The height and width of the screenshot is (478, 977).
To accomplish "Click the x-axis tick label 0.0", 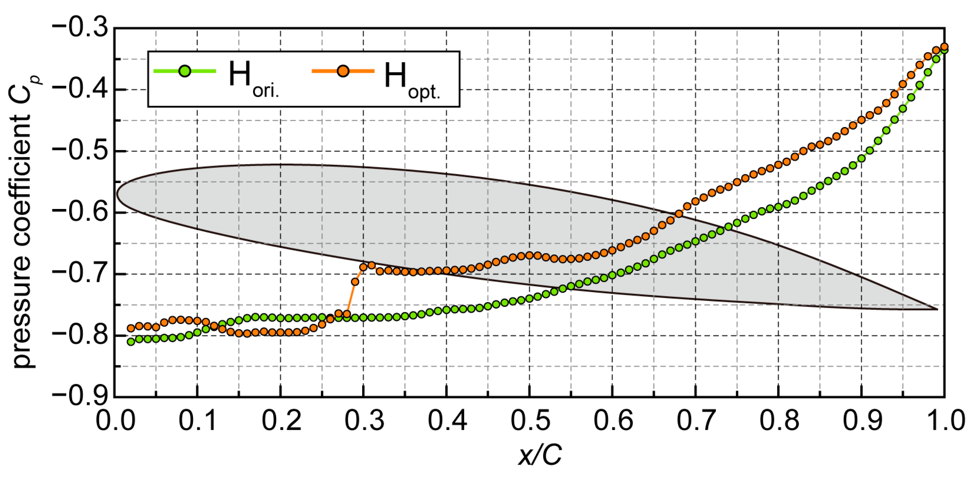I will [x=115, y=421].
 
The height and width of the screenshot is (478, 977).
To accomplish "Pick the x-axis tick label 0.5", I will [x=530, y=421].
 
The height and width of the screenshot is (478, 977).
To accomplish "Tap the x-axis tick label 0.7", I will [x=696, y=421].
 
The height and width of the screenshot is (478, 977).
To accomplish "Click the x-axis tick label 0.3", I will [x=364, y=421].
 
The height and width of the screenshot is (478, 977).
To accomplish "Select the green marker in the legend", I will [x=185, y=71].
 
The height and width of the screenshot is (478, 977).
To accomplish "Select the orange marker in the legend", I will [x=343, y=71].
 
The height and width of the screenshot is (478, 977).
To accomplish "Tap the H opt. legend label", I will [x=412, y=79].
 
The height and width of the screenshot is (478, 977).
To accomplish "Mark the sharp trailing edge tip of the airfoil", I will [x=937, y=309].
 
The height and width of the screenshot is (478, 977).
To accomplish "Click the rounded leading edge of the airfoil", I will [x=118, y=194].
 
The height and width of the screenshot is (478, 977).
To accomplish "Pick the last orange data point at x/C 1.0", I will [x=944, y=46].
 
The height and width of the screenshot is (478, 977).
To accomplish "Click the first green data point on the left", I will [x=131, y=341].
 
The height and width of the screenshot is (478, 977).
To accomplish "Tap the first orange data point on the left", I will [x=131, y=328].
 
